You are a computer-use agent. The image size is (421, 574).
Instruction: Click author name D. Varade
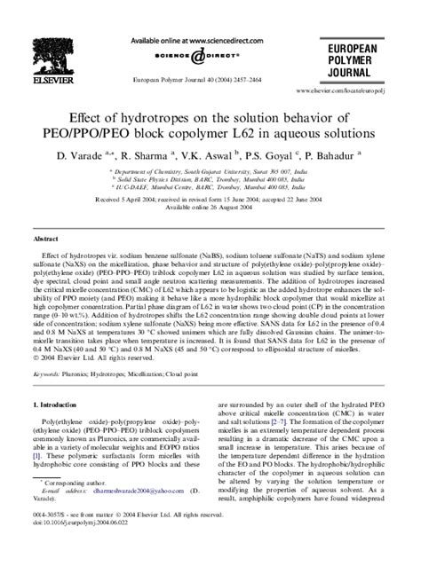point(108,155)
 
